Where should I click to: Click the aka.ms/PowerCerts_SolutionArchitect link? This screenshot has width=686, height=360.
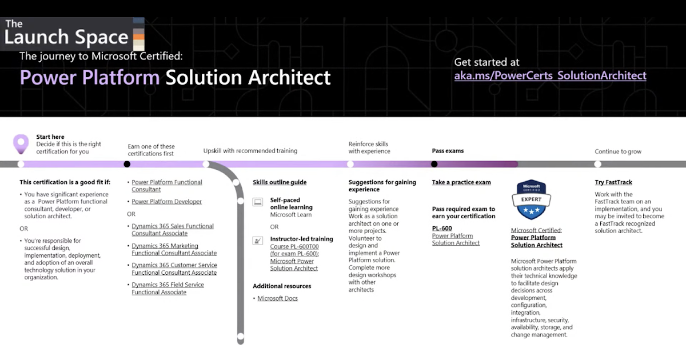550,75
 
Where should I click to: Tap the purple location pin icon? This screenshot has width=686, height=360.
21,143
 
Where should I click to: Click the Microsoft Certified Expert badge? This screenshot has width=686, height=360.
532,200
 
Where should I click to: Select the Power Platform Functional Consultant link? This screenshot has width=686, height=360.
166,186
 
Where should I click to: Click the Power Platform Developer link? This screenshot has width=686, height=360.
166,202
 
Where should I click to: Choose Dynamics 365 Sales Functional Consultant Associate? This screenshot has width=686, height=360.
172,230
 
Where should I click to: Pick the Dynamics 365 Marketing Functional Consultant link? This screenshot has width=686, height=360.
174,249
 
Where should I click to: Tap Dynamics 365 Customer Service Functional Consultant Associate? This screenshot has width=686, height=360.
174,269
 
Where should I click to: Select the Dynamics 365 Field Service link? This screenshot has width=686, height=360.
167,288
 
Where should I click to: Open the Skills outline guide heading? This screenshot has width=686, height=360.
280,182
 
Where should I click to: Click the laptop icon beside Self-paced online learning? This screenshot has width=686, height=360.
258,202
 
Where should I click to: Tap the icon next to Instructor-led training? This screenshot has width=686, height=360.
258,241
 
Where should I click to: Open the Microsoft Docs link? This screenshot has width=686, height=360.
277,298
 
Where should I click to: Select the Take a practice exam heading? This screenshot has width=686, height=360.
461,182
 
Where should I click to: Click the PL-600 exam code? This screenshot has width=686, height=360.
442,228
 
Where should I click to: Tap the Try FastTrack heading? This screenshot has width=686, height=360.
613,182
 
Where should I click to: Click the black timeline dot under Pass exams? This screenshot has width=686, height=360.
434,164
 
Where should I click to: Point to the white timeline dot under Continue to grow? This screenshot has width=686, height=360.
597,164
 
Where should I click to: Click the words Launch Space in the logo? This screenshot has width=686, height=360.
66,38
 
